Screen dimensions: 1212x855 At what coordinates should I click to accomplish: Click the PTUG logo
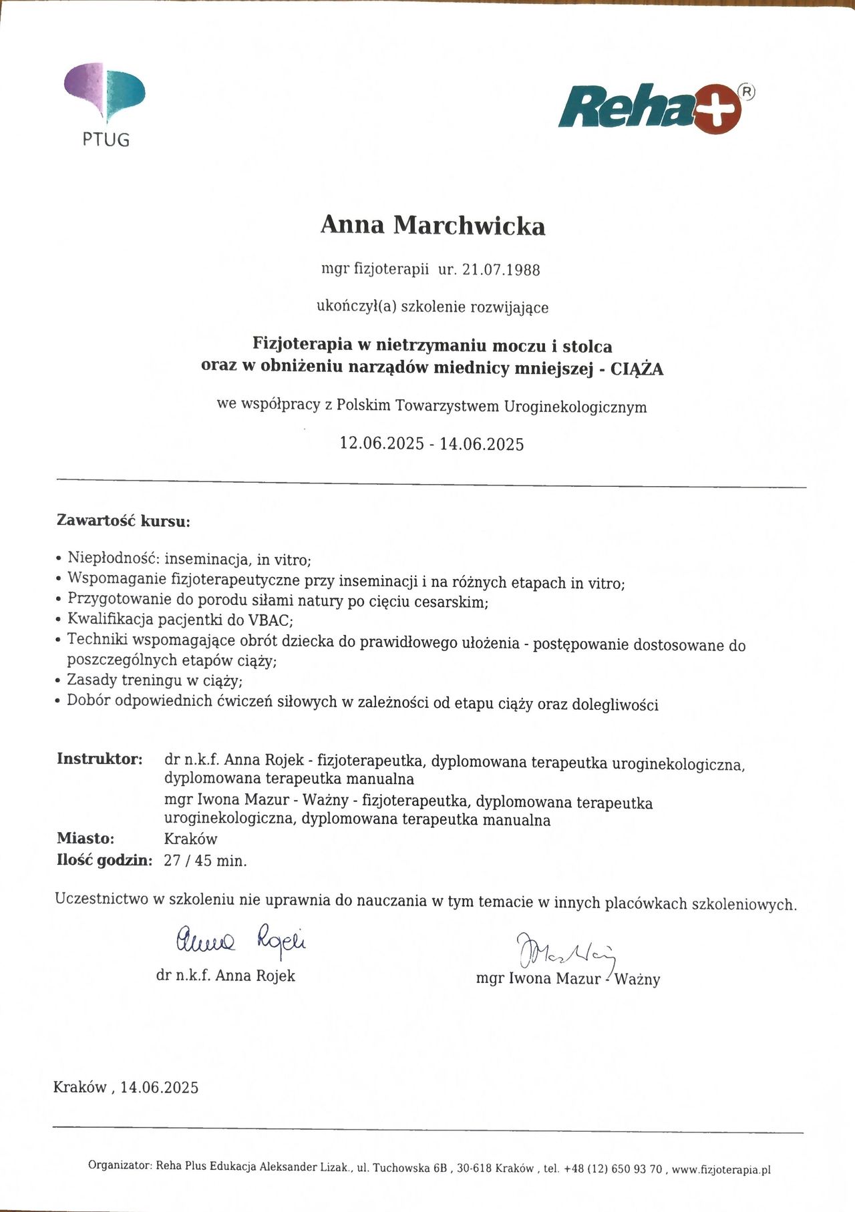pyautogui.click(x=105, y=104)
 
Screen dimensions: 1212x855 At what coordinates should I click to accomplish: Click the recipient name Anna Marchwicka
pyautogui.click(x=433, y=226)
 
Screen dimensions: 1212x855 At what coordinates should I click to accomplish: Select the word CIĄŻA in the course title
pyautogui.click(x=637, y=369)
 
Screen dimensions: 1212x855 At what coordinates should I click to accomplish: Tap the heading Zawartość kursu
pyautogui.click(x=124, y=521)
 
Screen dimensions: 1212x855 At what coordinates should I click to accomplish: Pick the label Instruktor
pyautogui.click(x=100, y=759)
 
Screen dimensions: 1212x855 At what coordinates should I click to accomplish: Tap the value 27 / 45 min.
pyautogui.click(x=205, y=861)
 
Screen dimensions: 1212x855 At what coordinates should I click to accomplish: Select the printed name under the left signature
pyautogui.click(x=226, y=976)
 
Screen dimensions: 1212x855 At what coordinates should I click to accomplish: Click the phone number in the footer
pyautogui.click(x=613, y=1169)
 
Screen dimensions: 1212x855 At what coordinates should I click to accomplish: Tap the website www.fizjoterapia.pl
pyautogui.click(x=721, y=1169)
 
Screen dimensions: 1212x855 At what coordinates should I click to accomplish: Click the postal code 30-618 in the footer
pyautogui.click(x=474, y=1169)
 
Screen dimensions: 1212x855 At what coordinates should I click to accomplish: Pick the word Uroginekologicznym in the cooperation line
pyautogui.click(x=575, y=407)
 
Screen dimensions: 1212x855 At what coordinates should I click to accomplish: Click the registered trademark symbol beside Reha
pyautogui.click(x=748, y=92)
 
